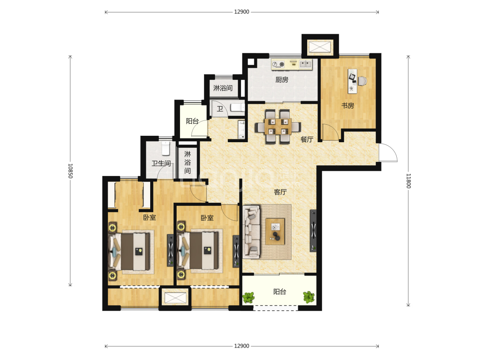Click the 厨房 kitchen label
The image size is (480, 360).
pyautogui.click(x=282, y=80)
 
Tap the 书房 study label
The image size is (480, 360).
pyautogui.click(x=348, y=106)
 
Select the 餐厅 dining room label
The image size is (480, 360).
pyautogui.click(x=307, y=139)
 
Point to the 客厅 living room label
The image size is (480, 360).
pyautogui.click(x=280, y=192)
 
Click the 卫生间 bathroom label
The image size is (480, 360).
pyautogui.click(x=161, y=163)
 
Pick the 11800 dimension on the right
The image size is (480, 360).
pyautogui.click(x=408, y=181)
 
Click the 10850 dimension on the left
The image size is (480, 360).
pyautogui.click(x=70, y=171)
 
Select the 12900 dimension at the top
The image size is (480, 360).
pyautogui.click(x=241, y=12)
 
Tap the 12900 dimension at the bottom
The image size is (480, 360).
pyautogui.click(x=241, y=346)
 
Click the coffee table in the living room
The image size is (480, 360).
pyautogui.click(x=275, y=231)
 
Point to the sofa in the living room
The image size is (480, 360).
pyautogui.click(x=252, y=232)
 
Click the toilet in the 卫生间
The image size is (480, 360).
pyautogui.click(x=166, y=148)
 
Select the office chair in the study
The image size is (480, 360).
pyautogui.click(x=362, y=81)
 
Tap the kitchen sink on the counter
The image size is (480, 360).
pyautogui.click(x=305, y=64)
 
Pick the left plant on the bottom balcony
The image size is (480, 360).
pyautogui.click(x=249, y=297)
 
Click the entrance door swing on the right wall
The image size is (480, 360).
pyautogui.click(x=388, y=152)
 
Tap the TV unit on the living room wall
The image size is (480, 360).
pyautogui.click(x=313, y=231)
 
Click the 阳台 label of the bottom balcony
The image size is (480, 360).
pyautogui.click(x=280, y=292)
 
